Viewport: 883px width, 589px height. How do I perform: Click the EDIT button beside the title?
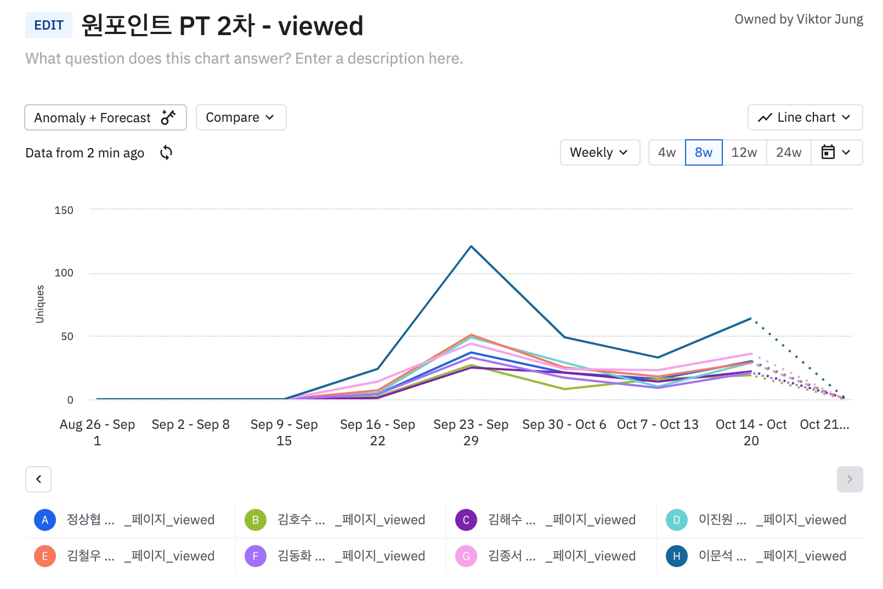point(49,25)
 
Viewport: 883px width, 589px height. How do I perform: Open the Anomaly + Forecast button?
point(105,117)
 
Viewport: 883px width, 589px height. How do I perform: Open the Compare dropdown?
point(241,117)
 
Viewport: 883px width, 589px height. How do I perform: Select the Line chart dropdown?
point(805,117)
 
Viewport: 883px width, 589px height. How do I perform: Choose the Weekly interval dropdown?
point(599,152)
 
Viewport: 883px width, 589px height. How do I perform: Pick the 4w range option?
point(667,152)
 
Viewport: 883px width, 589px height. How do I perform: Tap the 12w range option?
point(744,152)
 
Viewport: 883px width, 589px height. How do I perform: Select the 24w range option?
point(789,152)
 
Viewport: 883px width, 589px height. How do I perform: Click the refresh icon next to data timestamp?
point(166,152)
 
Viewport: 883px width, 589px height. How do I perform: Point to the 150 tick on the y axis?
point(64,210)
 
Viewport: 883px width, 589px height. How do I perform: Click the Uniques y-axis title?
point(40,304)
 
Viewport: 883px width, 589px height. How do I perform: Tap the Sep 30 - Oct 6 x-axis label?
point(564,424)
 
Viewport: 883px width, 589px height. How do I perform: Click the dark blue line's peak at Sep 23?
point(471,246)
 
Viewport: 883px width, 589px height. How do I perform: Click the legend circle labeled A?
point(45,520)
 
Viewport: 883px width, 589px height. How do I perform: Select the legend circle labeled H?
point(677,556)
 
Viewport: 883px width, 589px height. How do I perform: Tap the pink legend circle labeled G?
point(466,556)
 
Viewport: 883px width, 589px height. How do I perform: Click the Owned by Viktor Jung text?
point(799,20)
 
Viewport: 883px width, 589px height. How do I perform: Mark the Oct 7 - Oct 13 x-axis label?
point(658,424)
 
